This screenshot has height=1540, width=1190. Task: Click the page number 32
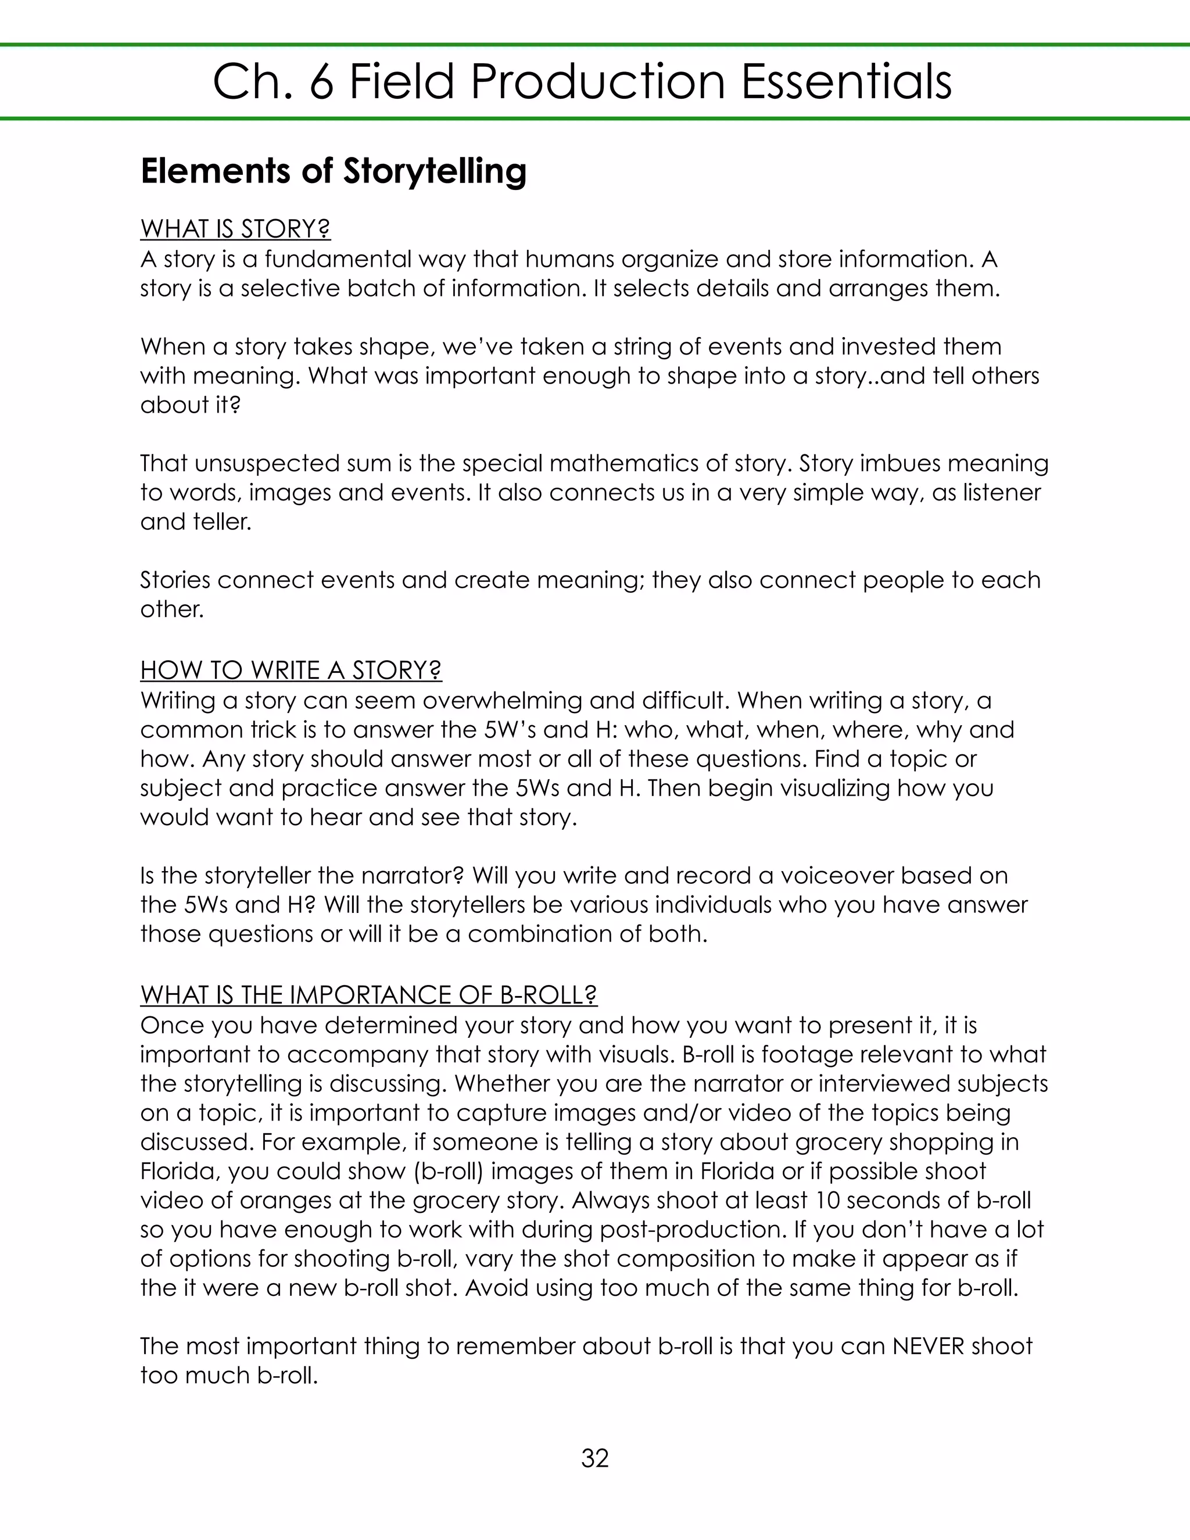594,1457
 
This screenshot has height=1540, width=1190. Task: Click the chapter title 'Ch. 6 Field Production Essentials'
582,82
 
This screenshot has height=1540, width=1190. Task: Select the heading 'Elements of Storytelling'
334,171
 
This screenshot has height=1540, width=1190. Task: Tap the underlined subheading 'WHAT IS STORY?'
235,229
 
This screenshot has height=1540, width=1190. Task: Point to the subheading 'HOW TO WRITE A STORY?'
291,670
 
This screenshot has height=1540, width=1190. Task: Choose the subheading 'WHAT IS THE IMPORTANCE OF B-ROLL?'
369,994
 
